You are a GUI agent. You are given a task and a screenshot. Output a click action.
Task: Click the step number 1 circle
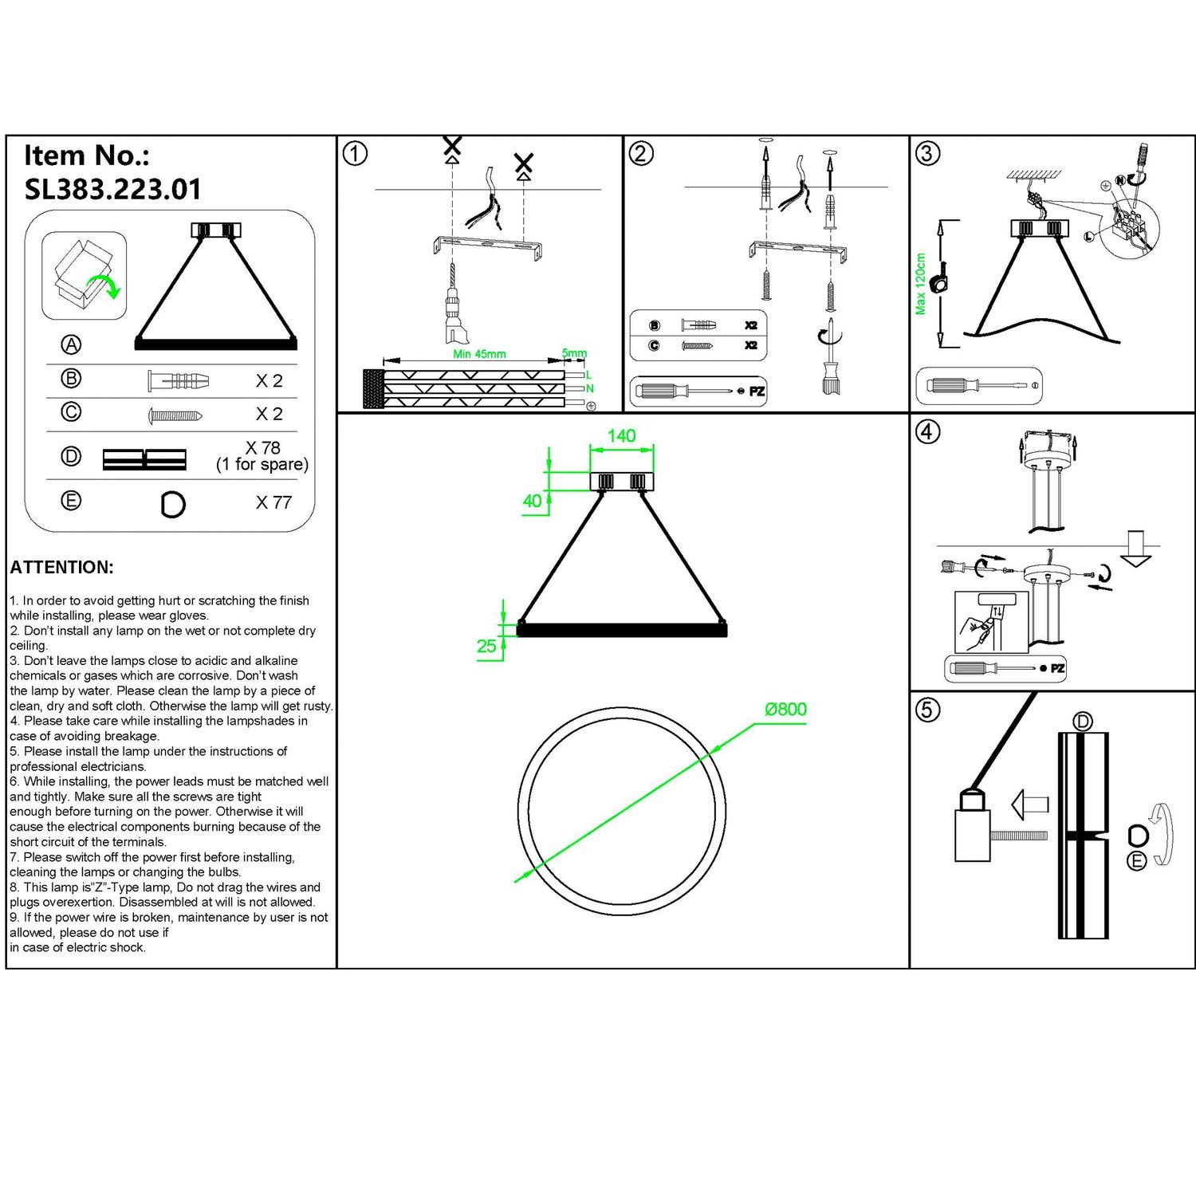(355, 153)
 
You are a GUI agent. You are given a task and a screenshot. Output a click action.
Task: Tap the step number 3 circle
(927, 153)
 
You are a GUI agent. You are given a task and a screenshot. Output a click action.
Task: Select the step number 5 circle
(927, 710)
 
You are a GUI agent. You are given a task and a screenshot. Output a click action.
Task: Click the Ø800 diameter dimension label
(785, 709)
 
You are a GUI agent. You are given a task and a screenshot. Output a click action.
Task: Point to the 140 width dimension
(621, 436)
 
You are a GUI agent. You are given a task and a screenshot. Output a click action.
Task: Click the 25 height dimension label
(486, 646)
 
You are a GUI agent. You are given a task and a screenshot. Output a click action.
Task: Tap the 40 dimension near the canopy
(532, 501)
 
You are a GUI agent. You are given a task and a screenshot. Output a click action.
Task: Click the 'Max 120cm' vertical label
(921, 284)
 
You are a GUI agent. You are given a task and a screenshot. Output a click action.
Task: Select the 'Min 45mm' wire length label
(479, 354)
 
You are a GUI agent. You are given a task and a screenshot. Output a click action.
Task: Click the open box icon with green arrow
(85, 274)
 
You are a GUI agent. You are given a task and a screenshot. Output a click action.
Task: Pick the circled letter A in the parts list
(72, 344)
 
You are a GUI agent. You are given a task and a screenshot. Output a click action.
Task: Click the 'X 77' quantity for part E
(273, 502)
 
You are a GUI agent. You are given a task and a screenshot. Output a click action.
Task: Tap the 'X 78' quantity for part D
(263, 448)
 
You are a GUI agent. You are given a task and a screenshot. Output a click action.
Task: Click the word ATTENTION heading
(62, 568)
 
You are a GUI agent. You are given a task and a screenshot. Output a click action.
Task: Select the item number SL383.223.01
(113, 190)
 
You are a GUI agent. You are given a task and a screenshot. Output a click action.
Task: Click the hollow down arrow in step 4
(1137, 549)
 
